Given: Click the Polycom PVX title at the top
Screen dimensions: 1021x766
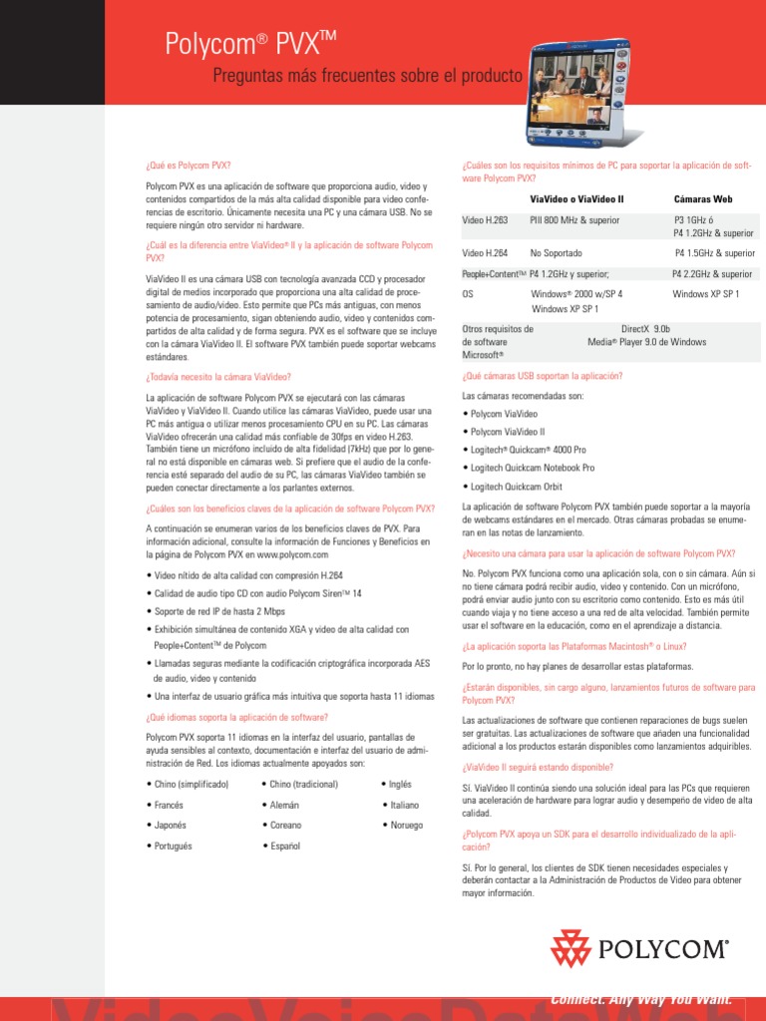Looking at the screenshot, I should tap(242, 43).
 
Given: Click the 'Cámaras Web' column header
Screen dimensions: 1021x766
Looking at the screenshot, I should tap(703, 199).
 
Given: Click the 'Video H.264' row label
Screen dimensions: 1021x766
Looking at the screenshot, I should tap(485, 253).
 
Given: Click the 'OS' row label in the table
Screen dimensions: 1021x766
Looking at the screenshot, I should tap(468, 294).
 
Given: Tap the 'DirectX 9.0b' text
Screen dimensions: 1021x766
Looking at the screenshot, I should tap(645, 328).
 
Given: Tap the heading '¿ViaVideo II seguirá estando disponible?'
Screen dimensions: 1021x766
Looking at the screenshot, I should tap(538, 767).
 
